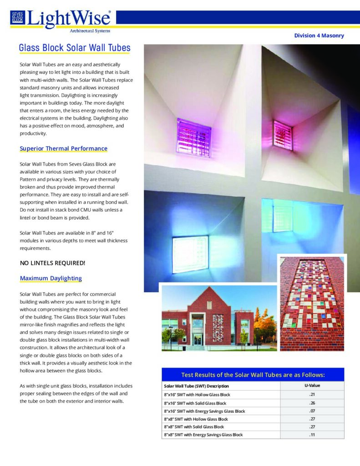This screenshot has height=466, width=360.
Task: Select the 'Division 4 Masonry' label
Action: click(x=319, y=35)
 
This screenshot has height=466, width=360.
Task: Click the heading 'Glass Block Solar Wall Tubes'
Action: click(x=75, y=48)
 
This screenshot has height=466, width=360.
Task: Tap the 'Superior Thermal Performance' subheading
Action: click(x=64, y=149)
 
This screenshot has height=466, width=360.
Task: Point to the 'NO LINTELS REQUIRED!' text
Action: click(x=52, y=263)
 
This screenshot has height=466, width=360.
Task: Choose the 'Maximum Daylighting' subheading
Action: click(x=51, y=278)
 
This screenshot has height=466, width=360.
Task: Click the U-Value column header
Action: click(x=312, y=386)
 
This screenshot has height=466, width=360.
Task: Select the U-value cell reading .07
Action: click(x=312, y=411)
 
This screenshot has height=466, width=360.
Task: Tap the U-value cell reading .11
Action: click(x=312, y=435)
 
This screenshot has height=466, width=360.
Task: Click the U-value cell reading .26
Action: click(x=312, y=403)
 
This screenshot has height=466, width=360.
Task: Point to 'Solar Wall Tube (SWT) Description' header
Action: click(x=196, y=386)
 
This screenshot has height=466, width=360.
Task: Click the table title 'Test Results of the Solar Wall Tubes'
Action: click(x=253, y=375)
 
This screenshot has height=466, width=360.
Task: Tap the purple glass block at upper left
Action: click(x=194, y=137)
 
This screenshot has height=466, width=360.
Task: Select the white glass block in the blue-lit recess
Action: click(x=190, y=254)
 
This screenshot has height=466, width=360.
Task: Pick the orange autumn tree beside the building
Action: click(x=266, y=324)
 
